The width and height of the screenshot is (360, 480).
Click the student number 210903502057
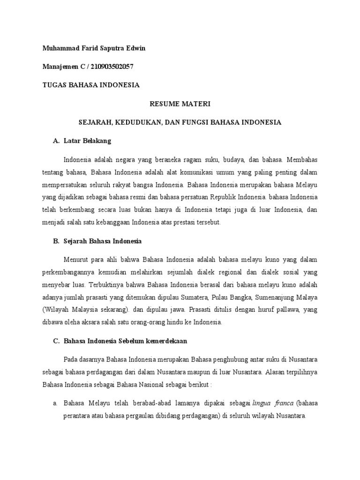click(x=110, y=67)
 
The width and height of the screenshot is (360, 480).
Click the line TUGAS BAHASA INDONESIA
click(x=91, y=85)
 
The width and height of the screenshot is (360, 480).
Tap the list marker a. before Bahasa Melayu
click(x=55, y=403)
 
